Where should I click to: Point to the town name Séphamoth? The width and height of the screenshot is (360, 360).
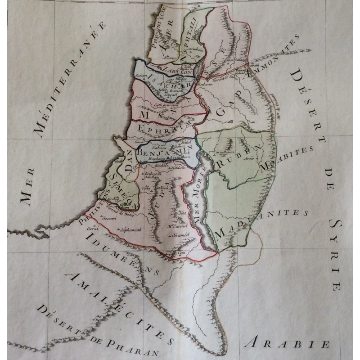coord(131,229)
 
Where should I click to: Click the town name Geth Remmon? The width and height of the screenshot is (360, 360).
coord(166,105)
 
